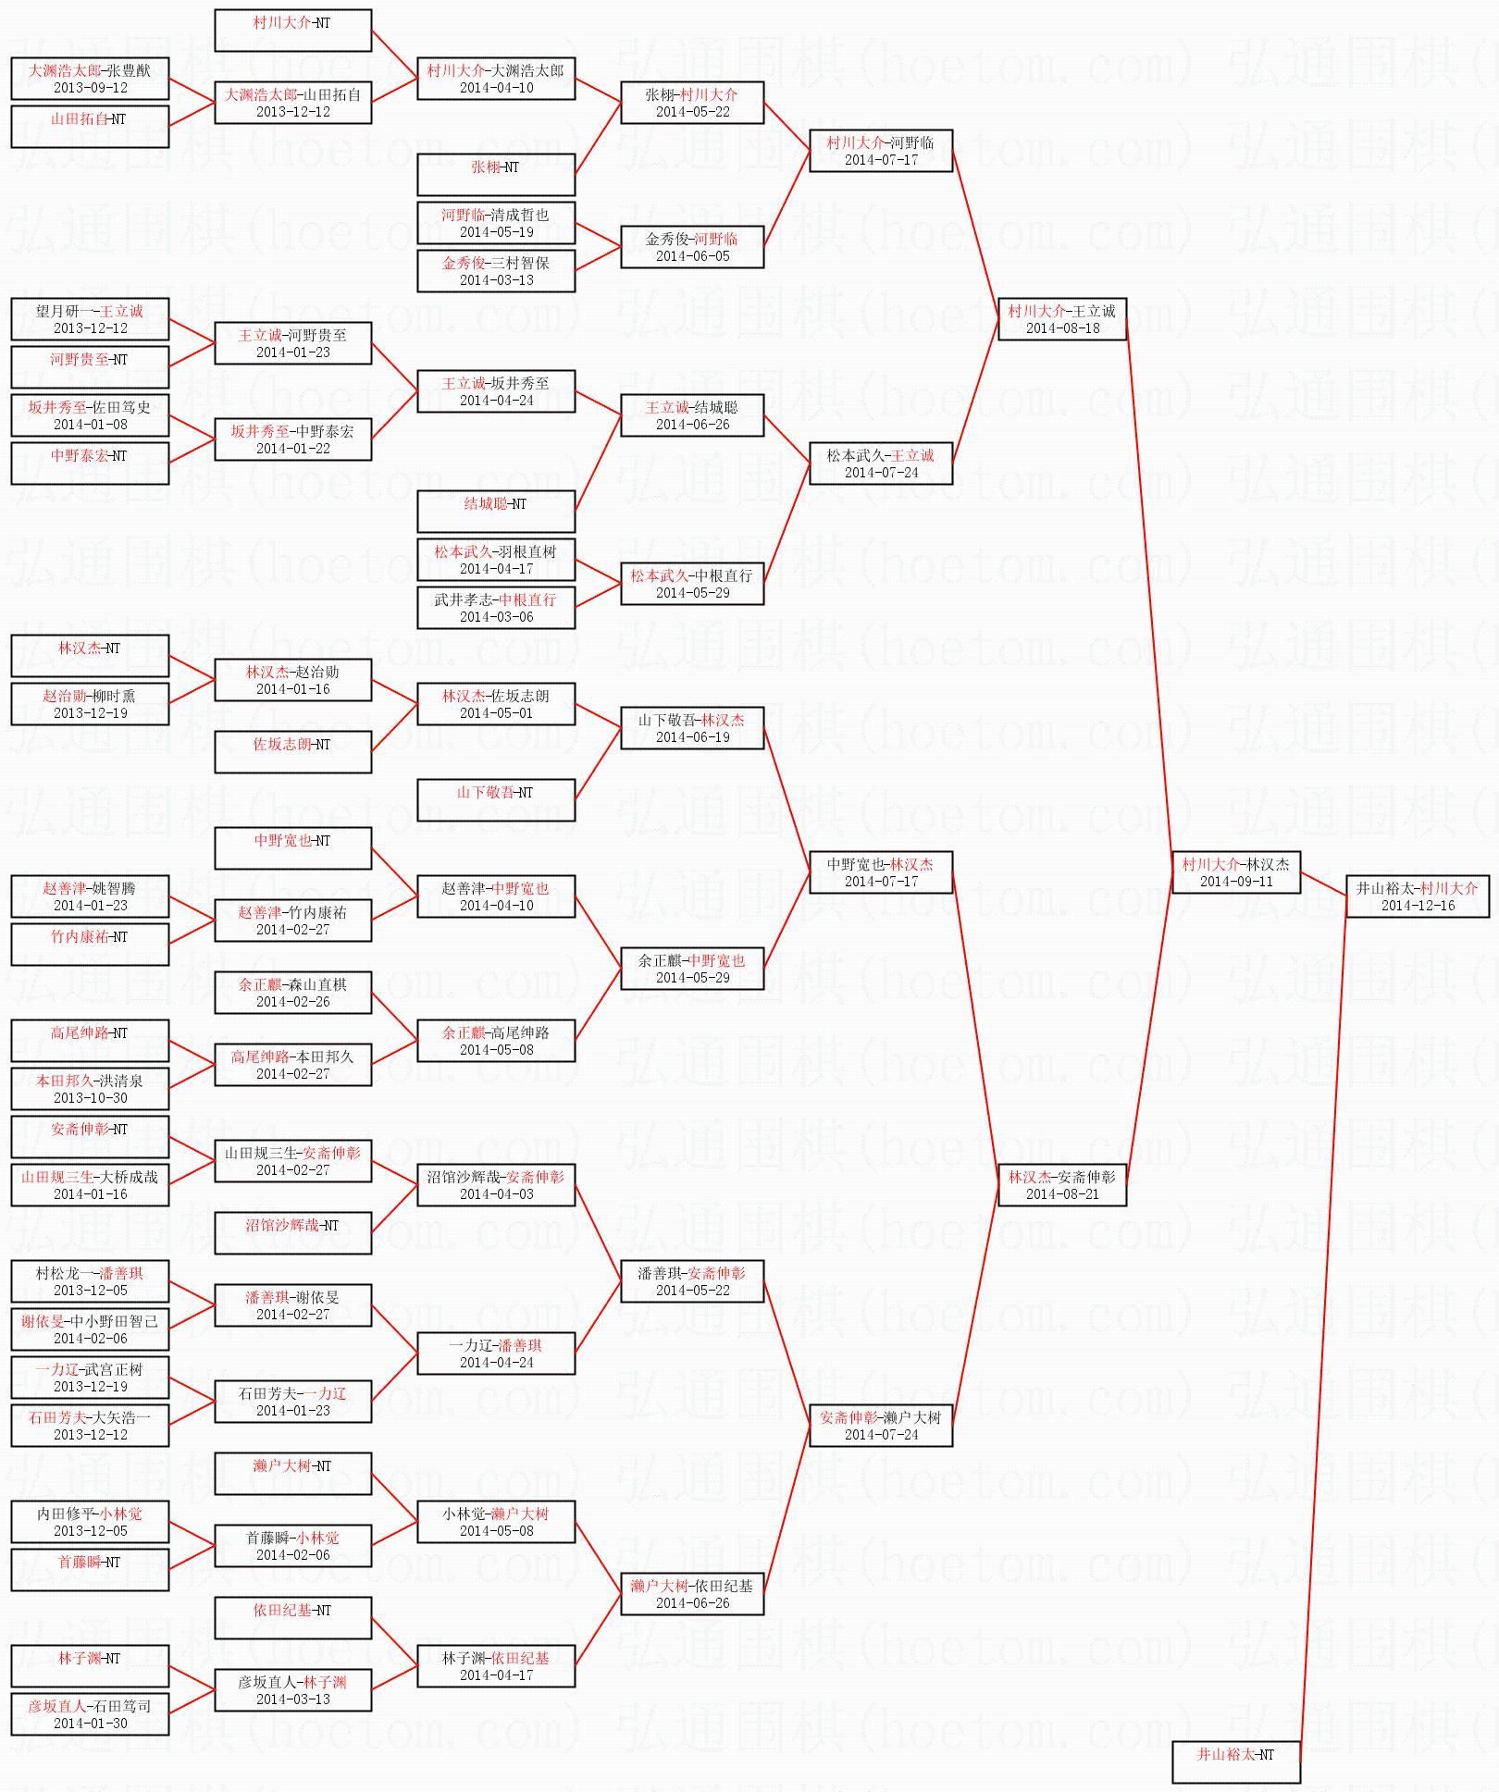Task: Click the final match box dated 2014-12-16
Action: [x=1418, y=896]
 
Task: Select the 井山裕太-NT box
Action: [x=1235, y=1761]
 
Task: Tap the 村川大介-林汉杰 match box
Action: [x=1235, y=872]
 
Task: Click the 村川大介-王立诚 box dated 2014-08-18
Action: [x=1061, y=319]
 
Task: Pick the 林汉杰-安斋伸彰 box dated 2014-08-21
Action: [x=1061, y=1185]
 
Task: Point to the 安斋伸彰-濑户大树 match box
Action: [x=880, y=1426]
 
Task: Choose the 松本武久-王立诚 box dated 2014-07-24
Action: [x=880, y=463]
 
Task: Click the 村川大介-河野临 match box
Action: [x=880, y=151]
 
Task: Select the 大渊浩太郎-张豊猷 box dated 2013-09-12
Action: [x=90, y=79]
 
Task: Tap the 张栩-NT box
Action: [x=495, y=175]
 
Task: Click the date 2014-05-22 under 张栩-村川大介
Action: [x=692, y=112]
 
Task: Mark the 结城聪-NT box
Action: [x=495, y=512]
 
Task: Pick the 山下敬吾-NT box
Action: [x=495, y=800]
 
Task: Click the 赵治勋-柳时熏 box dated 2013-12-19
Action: [x=90, y=704]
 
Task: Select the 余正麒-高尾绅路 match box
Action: [x=495, y=1041]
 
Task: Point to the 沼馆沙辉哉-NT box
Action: [x=292, y=1233]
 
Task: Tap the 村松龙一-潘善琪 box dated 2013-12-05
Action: [x=90, y=1281]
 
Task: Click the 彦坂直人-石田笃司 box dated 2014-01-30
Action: [x=90, y=1714]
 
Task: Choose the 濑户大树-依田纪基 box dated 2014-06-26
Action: [x=692, y=1594]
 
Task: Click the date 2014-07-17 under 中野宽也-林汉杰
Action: [x=881, y=882]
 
